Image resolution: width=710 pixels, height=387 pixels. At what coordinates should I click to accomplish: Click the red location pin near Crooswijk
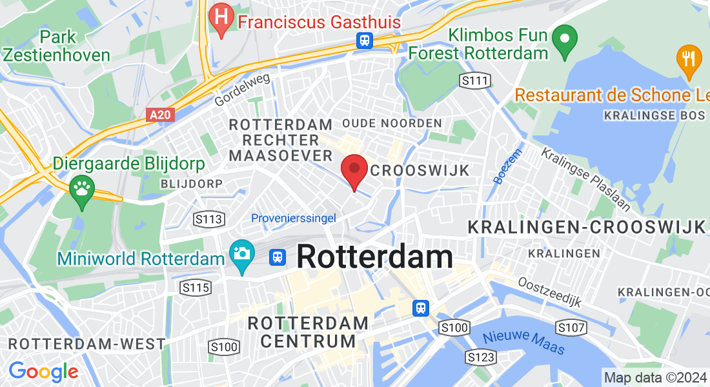(x=354, y=171)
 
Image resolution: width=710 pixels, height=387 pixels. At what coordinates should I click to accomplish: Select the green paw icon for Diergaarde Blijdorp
(x=82, y=190)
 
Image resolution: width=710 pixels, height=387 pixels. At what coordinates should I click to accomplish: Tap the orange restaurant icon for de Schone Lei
(x=689, y=58)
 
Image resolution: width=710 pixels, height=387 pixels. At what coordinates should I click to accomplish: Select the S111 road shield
(x=474, y=81)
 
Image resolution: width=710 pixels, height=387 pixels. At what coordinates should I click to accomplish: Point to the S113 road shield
(x=209, y=219)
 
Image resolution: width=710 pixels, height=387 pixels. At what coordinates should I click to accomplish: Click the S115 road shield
(x=196, y=287)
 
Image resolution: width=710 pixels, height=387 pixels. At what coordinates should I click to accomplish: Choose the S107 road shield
(x=571, y=328)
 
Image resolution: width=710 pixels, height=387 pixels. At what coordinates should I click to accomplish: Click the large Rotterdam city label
(x=375, y=257)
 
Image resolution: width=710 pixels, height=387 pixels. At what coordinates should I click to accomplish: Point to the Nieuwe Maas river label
(x=523, y=342)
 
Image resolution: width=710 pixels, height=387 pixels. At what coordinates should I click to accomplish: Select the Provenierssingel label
(x=294, y=218)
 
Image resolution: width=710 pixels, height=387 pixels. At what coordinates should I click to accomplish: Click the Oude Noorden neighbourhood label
(x=392, y=123)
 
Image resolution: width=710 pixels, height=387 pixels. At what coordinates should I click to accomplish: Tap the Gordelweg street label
(x=242, y=90)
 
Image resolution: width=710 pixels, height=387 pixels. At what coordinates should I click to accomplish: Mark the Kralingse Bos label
(x=654, y=115)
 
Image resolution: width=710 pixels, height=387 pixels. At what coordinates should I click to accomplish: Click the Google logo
(x=43, y=372)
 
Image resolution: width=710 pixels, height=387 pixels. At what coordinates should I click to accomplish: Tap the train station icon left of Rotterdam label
(x=278, y=257)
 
